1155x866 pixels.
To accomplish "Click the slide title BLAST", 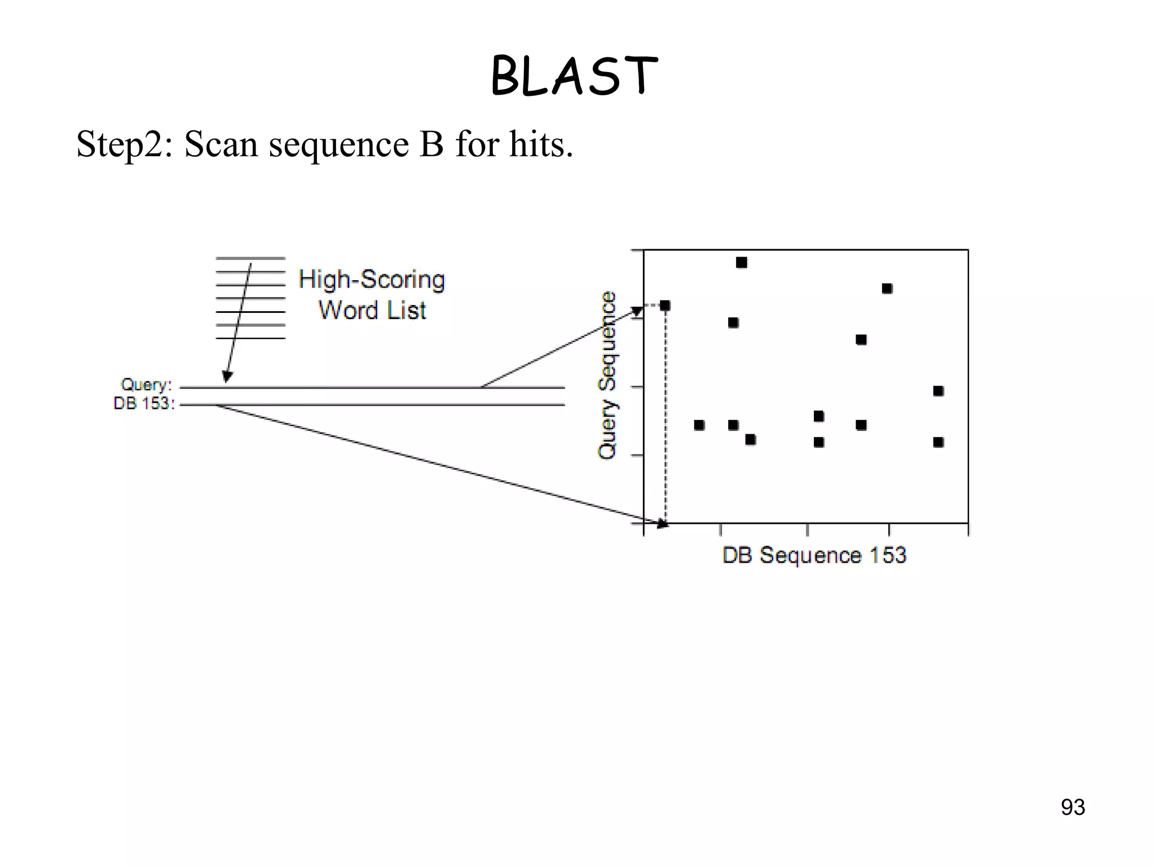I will click(x=574, y=76).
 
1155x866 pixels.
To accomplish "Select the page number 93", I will click(x=1073, y=807).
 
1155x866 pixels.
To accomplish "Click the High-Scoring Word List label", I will click(x=372, y=295).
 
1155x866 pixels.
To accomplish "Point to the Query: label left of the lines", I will click(x=146, y=385).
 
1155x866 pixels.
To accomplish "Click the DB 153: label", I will click(x=144, y=404).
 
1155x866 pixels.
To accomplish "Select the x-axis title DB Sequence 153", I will click(x=814, y=555).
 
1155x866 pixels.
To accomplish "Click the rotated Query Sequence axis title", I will click(x=607, y=375).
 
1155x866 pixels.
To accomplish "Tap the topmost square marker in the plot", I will click(x=742, y=263).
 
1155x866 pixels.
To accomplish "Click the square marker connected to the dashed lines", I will click(x=665, y=306).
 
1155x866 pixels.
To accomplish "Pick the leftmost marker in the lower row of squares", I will click(x=699, y=425).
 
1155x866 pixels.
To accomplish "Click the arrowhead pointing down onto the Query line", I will click(x=227, y=377).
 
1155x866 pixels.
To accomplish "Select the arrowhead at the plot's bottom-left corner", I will click(x=662, y=524).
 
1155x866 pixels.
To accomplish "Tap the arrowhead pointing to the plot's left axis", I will click(x=637, y=311).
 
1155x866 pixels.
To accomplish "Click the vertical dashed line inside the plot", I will click(x=665, y=417).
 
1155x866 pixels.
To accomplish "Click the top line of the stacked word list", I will click(x=250, y=258).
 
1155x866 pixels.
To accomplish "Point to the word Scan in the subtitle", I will click(x=221, y=144).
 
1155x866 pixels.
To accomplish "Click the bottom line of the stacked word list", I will click(x=250, y=338).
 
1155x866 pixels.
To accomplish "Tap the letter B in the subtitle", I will click(x=431, y=144).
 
